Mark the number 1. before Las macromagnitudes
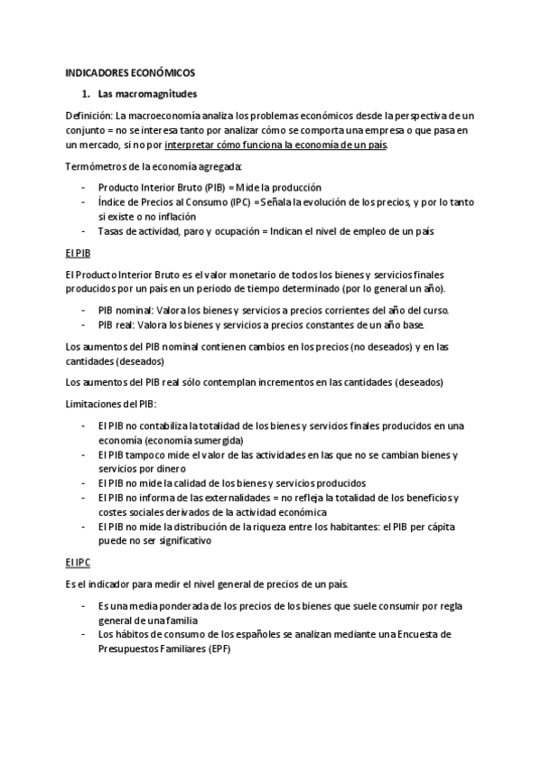pos(86,94)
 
